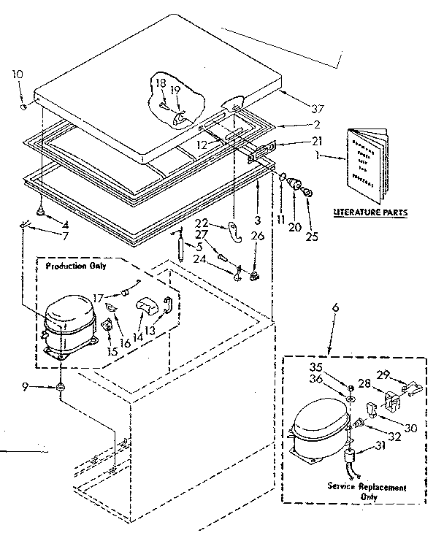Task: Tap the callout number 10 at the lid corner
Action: click(x=18, y=73)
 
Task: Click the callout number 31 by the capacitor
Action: click(x=380, y=447)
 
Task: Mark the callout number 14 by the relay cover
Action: click(x=137, y=319)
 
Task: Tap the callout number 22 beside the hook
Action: click(x=202, y=222)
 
